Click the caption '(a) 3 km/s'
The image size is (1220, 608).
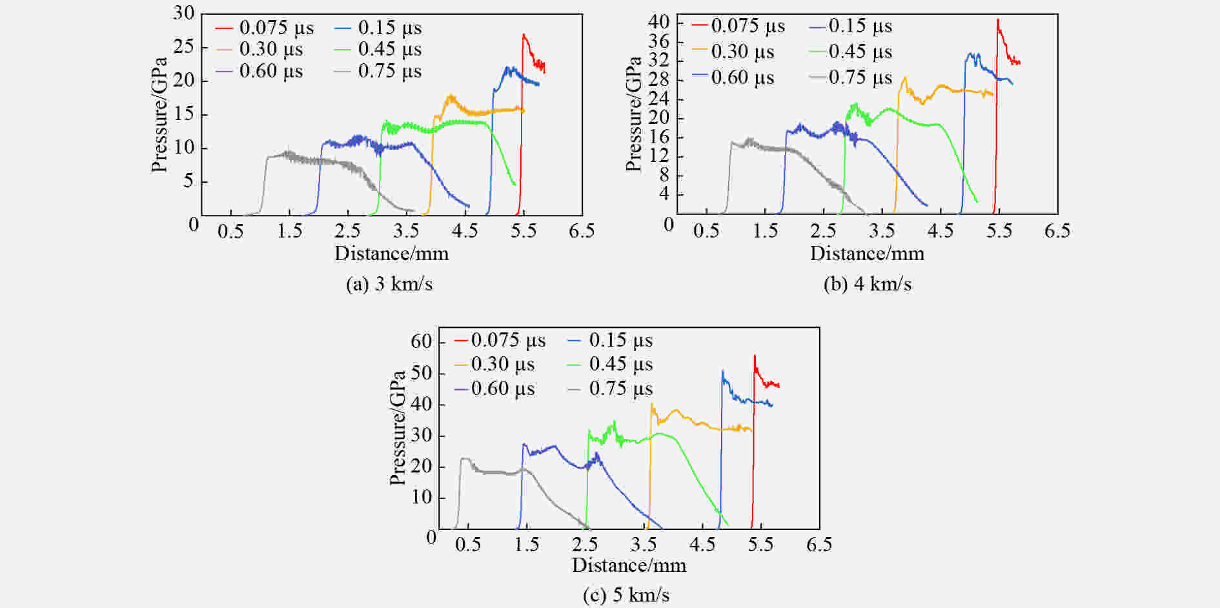pos(389,284)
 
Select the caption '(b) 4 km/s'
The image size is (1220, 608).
pos(868,284)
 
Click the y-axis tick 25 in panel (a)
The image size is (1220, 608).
pos(183,46)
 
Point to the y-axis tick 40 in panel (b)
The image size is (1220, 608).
pos(658,22)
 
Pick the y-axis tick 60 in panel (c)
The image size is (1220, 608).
pos(421,341)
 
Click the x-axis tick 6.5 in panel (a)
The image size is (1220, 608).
pos(582,231)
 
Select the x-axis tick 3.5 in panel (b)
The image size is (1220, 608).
pos(882,231)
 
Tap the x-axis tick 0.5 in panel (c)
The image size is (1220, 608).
pos(468,545)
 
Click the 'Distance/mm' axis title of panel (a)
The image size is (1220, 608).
pos(391,253)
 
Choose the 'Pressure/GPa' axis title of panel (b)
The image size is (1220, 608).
pos(634,114)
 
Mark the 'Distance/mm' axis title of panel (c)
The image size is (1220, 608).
pos(629,565)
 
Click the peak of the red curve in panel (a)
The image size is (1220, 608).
pos(523,34)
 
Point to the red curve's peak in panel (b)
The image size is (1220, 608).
pos(997,19)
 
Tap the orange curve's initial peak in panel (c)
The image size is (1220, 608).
pos(651,404)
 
